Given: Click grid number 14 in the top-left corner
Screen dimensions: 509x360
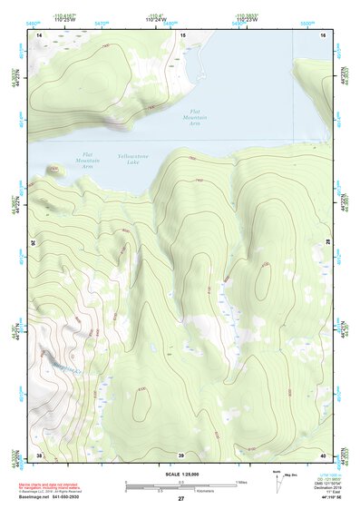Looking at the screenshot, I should click(39, 34).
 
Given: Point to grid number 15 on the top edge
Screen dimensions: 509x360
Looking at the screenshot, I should click(183, 34).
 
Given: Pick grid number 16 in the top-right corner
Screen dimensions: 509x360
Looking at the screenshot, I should click(323, 34).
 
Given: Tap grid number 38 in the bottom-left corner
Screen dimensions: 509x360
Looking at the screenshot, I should click(39, 455).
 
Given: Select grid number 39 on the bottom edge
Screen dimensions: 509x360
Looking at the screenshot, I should click(181, 455).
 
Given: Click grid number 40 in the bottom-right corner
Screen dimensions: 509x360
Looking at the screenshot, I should click(323, 455).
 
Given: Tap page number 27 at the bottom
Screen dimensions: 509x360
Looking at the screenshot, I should click(181, 498).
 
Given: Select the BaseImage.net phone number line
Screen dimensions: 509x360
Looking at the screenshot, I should click(57, 497).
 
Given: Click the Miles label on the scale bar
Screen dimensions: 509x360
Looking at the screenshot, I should click(241, 482).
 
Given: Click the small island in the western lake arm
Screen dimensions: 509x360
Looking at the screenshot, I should click(54, 170).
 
